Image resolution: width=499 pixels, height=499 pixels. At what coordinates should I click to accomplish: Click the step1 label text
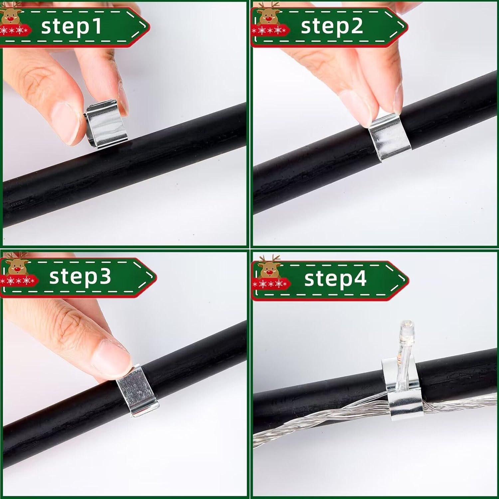[x=71, y=26]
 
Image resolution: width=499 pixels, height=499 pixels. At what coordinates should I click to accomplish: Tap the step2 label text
[x=332, y=26]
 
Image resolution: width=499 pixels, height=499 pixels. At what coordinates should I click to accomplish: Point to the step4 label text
[x=335, y=278]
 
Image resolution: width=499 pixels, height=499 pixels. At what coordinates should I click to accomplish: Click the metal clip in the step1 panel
[x=105, y=124]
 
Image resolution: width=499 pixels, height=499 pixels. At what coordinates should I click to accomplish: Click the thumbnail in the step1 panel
[x=65, y=123]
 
